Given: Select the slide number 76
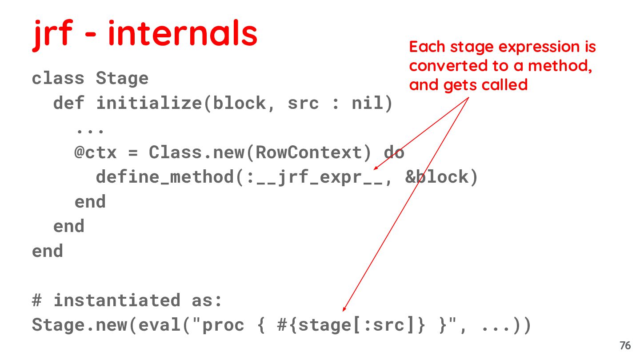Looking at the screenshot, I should [625, 346].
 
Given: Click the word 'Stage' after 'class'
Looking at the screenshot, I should [122, 79].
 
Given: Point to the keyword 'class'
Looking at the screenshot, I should [58, 79].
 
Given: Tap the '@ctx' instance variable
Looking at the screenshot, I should [96, 152].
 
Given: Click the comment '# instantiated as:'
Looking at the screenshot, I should [127, 300].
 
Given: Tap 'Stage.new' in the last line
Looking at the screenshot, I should [80, 325].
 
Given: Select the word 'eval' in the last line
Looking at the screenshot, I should [155, 325].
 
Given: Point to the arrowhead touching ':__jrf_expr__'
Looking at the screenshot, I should [375, 168].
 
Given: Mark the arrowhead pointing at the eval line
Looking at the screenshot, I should [344, 309].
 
